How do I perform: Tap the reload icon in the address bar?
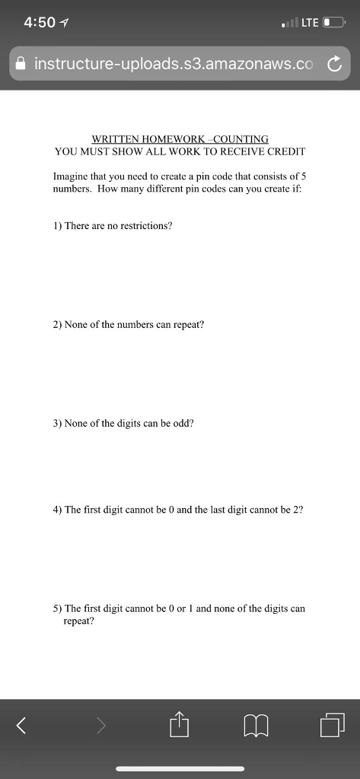[x=334, y=64]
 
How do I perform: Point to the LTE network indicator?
[x=310, y=22]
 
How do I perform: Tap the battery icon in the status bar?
[x=333, y=22]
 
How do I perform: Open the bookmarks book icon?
[x=256, y=727]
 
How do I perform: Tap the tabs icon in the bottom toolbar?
[x=333, y=725]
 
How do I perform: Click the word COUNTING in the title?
[x=242, y=139]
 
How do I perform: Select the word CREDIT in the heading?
[x=285, y=151]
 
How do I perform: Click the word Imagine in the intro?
[x=70, y=175]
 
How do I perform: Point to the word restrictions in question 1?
[x=142, y=226]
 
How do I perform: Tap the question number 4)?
[x=57, y=510]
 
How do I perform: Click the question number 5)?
[x=57, y=609]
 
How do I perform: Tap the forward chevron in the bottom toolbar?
[x=101, y=727]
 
